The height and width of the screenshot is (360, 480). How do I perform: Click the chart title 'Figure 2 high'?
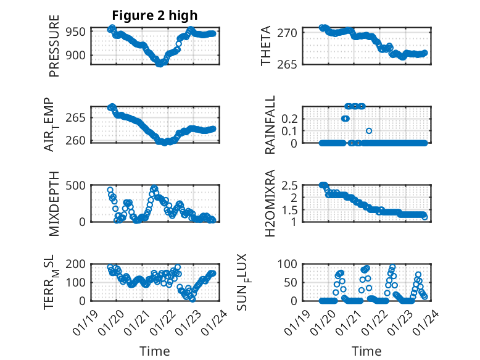coord(155,15)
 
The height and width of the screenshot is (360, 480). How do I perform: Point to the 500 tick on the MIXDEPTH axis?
coord(80,185)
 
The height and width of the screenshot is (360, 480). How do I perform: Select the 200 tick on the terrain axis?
coord(80,264)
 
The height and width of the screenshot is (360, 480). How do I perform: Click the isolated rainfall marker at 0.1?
coord(369,130)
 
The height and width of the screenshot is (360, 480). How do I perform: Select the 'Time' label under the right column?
coord(366,351)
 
